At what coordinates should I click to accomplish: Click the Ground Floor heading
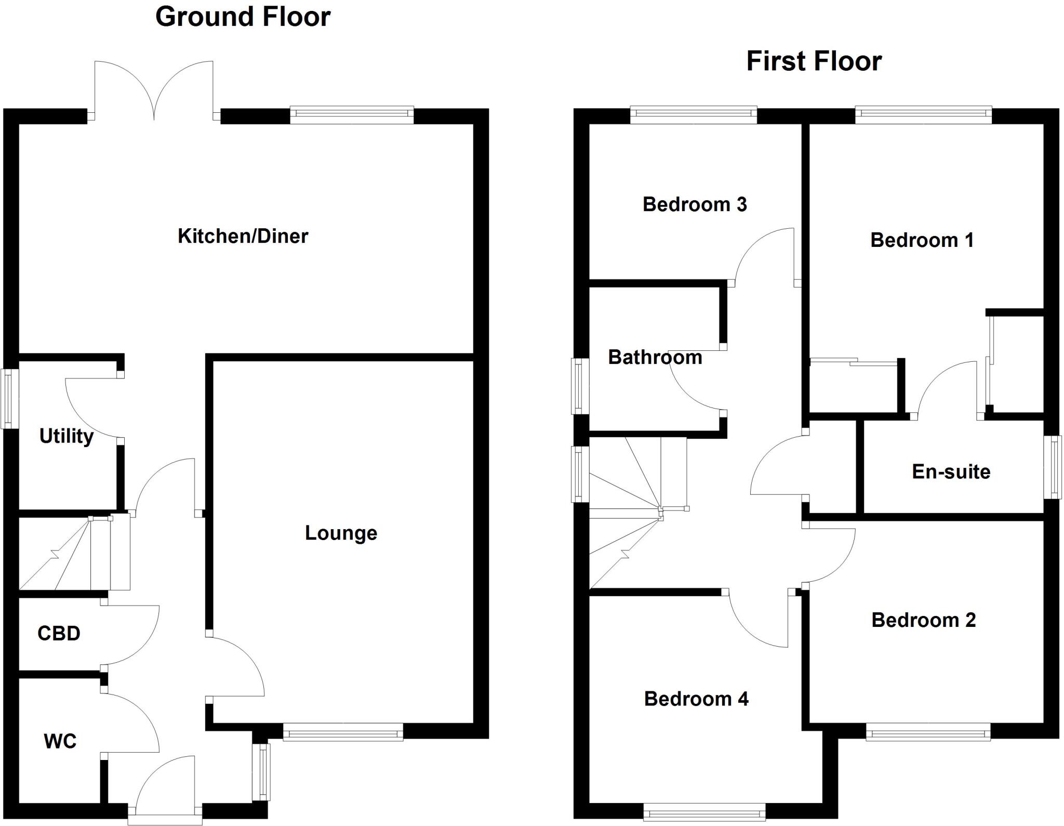click(243, 17)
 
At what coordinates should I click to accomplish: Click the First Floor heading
click(814, 61)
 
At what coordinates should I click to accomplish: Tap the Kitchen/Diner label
click(243, 237)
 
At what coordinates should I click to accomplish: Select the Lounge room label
click(341, 533)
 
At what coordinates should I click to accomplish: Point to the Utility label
click(66, 436)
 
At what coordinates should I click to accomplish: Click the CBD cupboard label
click(59, 634)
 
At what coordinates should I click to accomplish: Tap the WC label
click(60, 741)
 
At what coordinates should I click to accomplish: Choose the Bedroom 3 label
click(695, 205)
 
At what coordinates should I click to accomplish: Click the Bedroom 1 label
click(922, 241)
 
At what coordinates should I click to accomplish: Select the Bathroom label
click(655, 358)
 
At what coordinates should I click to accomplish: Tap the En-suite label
click(951, 472)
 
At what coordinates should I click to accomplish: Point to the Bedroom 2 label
click(923, 620)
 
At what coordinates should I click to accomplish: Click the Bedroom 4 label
click(696, 699)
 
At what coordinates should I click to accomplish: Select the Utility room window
click(9, 399)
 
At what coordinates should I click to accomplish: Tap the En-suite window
click(1053, 467)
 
